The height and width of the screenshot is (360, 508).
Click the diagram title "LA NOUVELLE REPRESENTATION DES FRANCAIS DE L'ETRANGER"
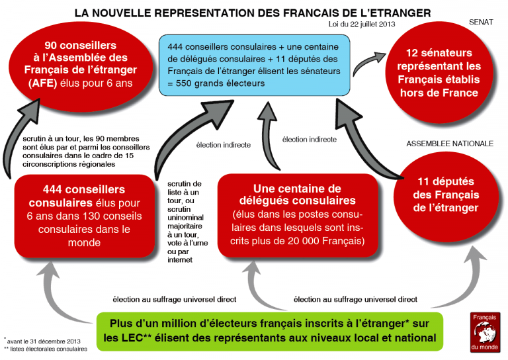[253, 13]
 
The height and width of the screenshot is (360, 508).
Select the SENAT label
[481, 22]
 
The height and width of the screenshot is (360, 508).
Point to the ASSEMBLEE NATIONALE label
[450, 144]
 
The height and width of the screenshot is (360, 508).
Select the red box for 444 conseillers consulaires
[83, 216]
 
